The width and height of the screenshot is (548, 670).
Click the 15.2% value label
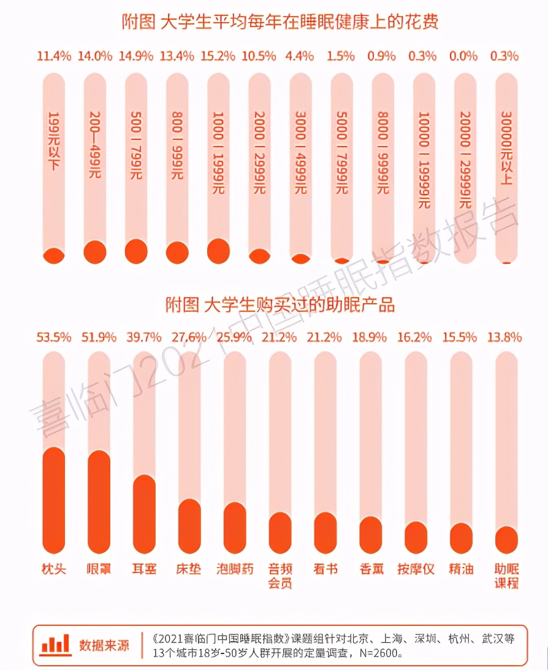pyautogui.click(x=219, y=56)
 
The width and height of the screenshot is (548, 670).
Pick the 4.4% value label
pyautogui.click(x=301, y=56)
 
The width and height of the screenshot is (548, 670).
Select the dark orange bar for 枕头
pyautogui.click(x=54, y=501)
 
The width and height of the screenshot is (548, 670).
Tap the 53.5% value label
pyautogui.click(x=54, y=337)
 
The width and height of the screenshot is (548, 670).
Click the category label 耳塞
pyautogui.click(x=144, y=569)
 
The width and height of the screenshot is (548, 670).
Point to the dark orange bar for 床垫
pyautogui.click(x=189, y=526)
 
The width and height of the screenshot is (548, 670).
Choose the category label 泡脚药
pyautogui.click(x=235, y=569)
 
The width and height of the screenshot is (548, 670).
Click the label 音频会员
pyautogui.click(x=280, y=576)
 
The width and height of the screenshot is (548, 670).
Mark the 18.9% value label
pyautogui.click(x=371, y=337)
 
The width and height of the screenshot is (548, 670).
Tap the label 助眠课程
pyautogui.click(x=507, y=576)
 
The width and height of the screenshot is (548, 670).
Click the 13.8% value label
pyautogui.click(x=507, y=337)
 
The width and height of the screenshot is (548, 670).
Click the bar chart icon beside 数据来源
pyautogui.click(x=55, y=645)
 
